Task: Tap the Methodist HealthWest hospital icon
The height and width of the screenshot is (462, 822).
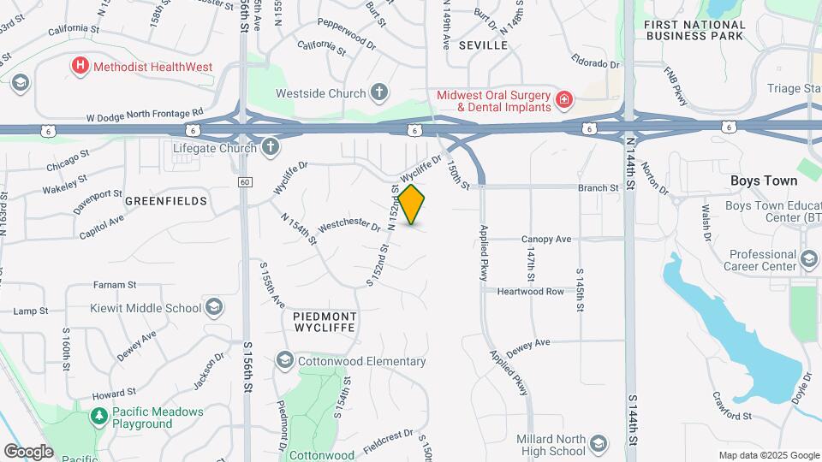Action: [80, 64]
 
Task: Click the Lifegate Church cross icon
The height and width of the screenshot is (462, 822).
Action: [271, 147]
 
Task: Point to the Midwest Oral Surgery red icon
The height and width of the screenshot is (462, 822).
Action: [564, 101]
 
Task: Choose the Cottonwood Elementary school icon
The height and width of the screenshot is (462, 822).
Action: [284, 361]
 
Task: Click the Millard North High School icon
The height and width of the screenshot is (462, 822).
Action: [597, 443]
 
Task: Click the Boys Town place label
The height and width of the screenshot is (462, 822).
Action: [764, 181]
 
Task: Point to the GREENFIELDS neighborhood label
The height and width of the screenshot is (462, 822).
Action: [166, 201]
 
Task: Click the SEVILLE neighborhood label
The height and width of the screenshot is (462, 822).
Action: [483, 44]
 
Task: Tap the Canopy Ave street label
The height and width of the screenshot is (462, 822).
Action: [546, 239]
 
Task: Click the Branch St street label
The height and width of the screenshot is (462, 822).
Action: [598, 187]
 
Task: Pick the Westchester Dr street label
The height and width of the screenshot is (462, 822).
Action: [348, 227]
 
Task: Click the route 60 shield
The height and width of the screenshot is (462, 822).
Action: [245, 181]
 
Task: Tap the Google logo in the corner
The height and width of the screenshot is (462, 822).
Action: [28, 451]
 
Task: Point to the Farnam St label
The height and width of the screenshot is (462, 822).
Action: [115, 284]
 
